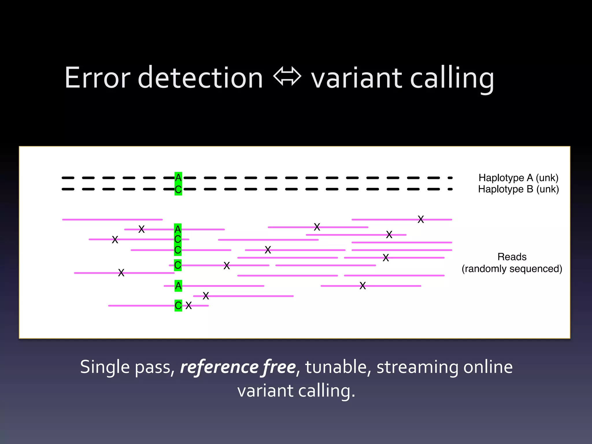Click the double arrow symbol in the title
(287, 77)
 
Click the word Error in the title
(97, 78)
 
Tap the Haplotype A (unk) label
(518, 178)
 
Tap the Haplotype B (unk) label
(518, 189)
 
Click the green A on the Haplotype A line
(178, 177)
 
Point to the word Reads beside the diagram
(512, 257)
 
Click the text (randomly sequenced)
(512, 269)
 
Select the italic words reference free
(238, 367)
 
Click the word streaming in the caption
(417, 367)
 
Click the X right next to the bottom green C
(189, 306)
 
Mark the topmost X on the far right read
(421, 219)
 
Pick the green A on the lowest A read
(178, 286)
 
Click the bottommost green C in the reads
(178, 306)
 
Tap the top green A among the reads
(178, 229)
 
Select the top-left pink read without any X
(112, 220)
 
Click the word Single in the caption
(105, 367)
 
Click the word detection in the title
(200, 78)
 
